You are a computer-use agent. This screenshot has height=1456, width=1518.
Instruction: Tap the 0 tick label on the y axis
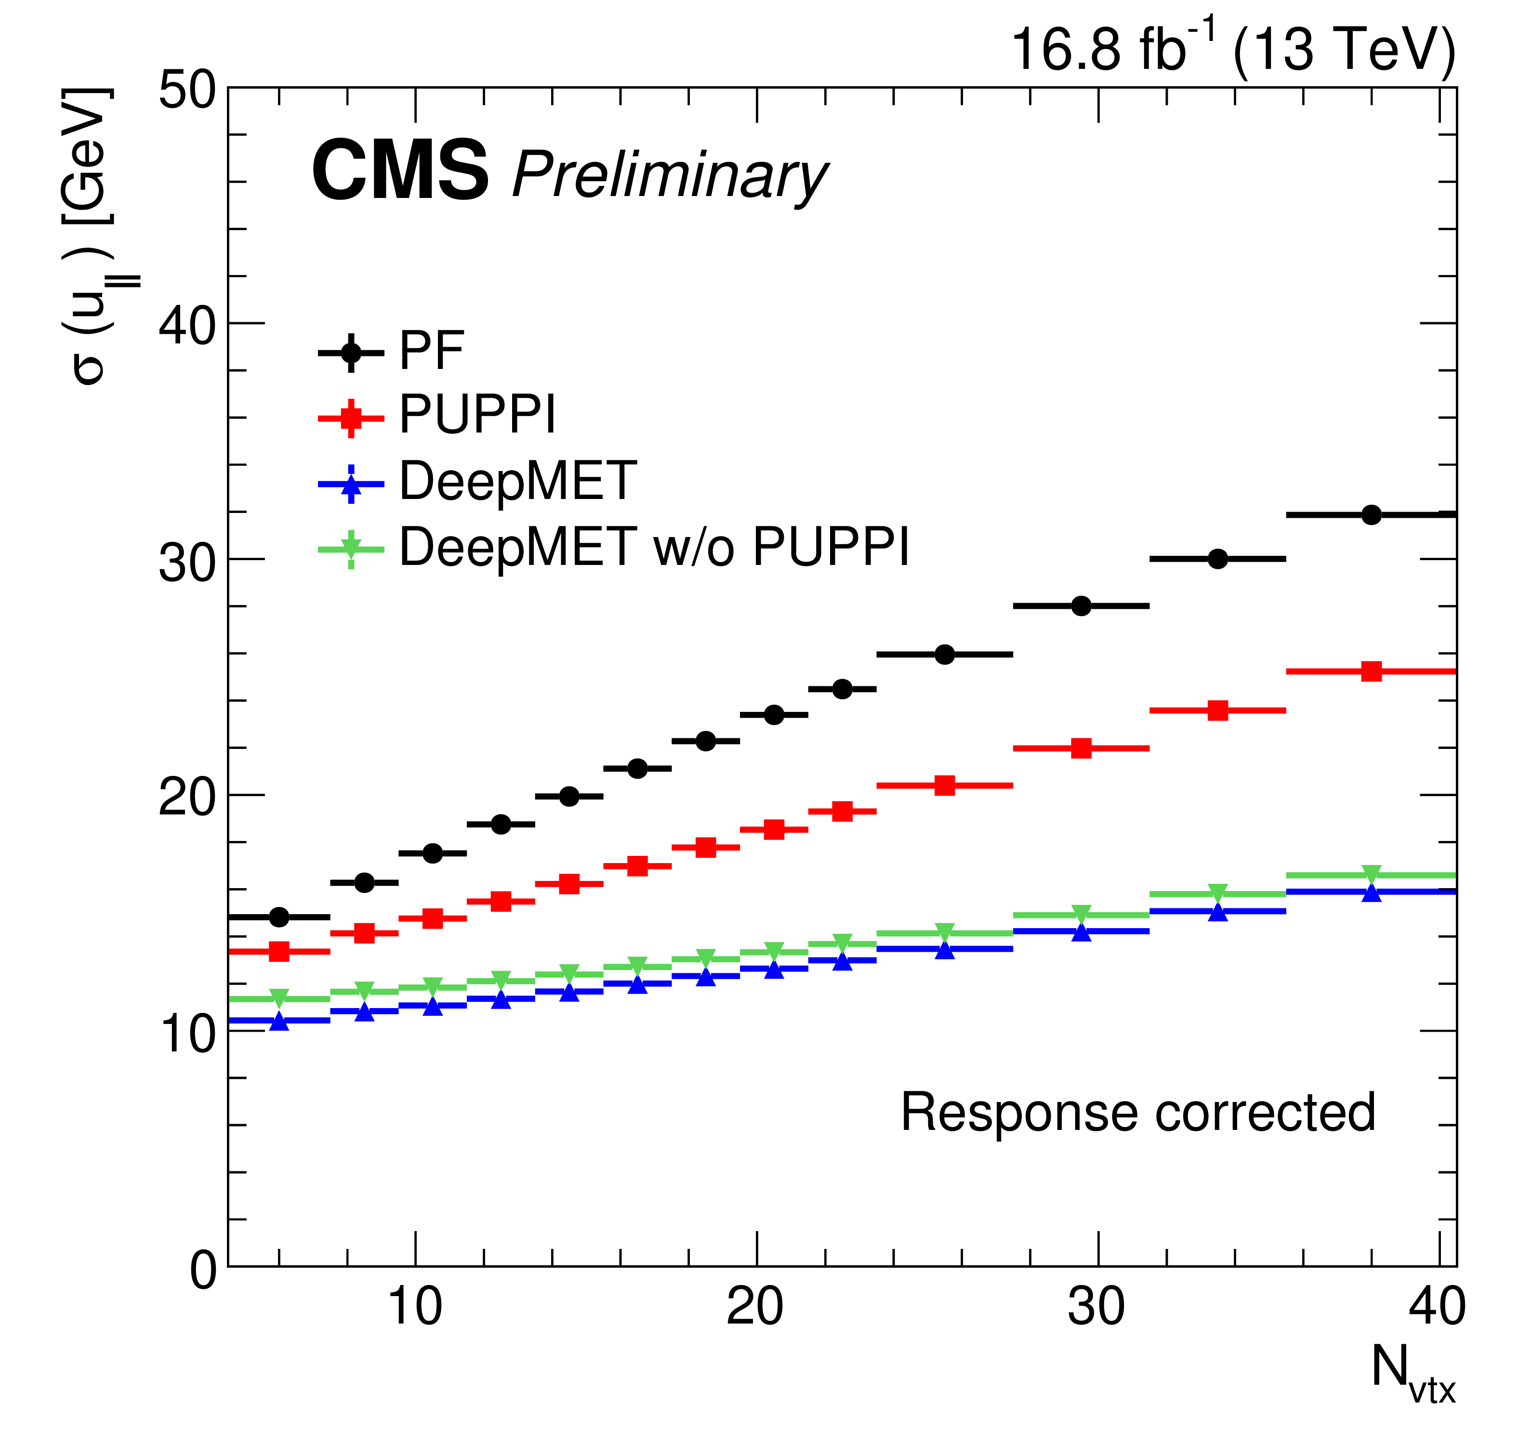coord(203,1270)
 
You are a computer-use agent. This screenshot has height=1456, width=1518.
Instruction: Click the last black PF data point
coord(1371,514)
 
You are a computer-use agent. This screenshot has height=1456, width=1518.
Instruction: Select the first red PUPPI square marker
coord(279,951)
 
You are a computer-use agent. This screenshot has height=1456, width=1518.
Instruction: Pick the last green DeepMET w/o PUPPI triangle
coord(1371,874)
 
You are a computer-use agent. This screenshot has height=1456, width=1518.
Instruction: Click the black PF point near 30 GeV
coord(1217,558)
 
